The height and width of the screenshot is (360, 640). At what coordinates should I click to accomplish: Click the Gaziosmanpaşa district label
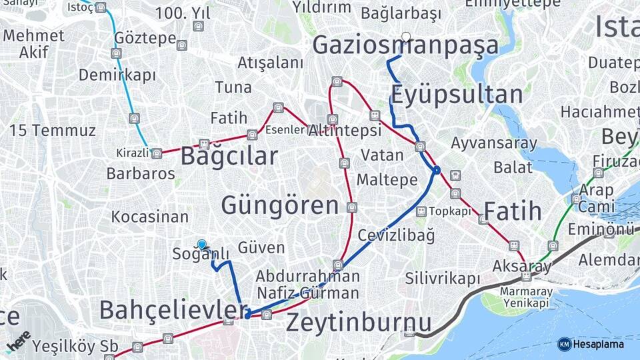[405, 45]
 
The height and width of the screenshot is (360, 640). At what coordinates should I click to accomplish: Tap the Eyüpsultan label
[456, 95]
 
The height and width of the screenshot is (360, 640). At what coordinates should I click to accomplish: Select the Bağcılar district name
[229, 157]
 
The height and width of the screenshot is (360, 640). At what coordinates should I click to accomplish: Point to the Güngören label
[280, 205]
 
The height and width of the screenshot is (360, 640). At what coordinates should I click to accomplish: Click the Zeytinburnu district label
[359, 323]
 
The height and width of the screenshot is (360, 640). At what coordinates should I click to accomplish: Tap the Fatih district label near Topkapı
[512, 211]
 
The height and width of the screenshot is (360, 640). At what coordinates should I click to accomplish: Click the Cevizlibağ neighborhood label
[396, 235]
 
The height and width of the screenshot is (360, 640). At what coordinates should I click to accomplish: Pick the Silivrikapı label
[442, 279]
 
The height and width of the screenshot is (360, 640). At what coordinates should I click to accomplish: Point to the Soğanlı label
[201, 254]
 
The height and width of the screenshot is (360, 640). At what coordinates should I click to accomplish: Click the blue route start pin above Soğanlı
[201, 245]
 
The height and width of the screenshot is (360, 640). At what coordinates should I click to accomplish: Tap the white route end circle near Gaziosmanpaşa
[406, 37]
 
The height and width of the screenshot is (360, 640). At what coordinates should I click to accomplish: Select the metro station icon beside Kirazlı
[156, 154]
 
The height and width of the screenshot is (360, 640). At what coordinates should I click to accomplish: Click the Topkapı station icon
[421, 211]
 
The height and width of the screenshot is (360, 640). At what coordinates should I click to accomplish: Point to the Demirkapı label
[117, 75]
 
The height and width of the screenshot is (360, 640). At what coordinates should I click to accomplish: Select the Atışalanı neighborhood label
[270, 63]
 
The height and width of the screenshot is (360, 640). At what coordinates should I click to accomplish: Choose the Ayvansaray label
[493, 143]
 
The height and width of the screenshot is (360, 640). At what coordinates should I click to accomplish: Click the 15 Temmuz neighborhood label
[53, 130]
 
